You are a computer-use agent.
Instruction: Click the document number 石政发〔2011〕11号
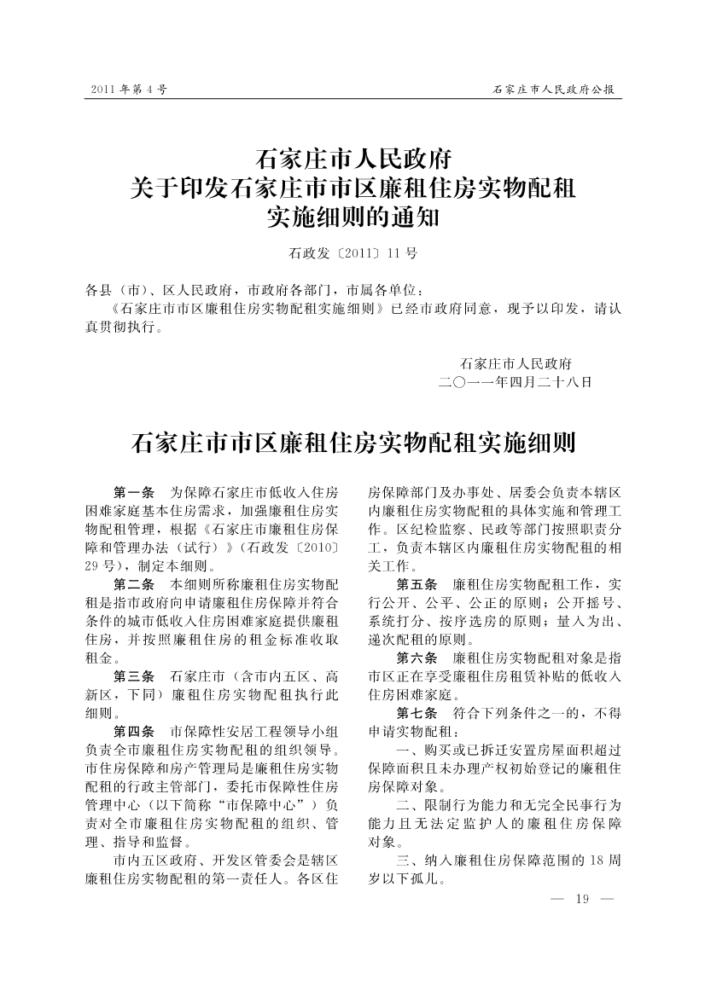[x=352, y=253]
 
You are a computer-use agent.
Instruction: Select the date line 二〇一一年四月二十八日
[x=514, y=381]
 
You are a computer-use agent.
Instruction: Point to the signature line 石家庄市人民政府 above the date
[x=516, y=362]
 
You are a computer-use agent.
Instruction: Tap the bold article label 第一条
[x=133, y=493]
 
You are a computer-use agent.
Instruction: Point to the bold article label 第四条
[x=133, y=731]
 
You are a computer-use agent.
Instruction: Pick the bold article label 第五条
[x=417, y=584]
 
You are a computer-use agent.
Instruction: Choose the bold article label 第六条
[x=417, y=658]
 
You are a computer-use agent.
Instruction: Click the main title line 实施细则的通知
[x=352, y=217]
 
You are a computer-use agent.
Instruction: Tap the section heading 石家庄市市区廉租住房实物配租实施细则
[x=352, y=443]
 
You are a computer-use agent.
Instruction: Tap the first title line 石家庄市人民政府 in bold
[x=352, y=159]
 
